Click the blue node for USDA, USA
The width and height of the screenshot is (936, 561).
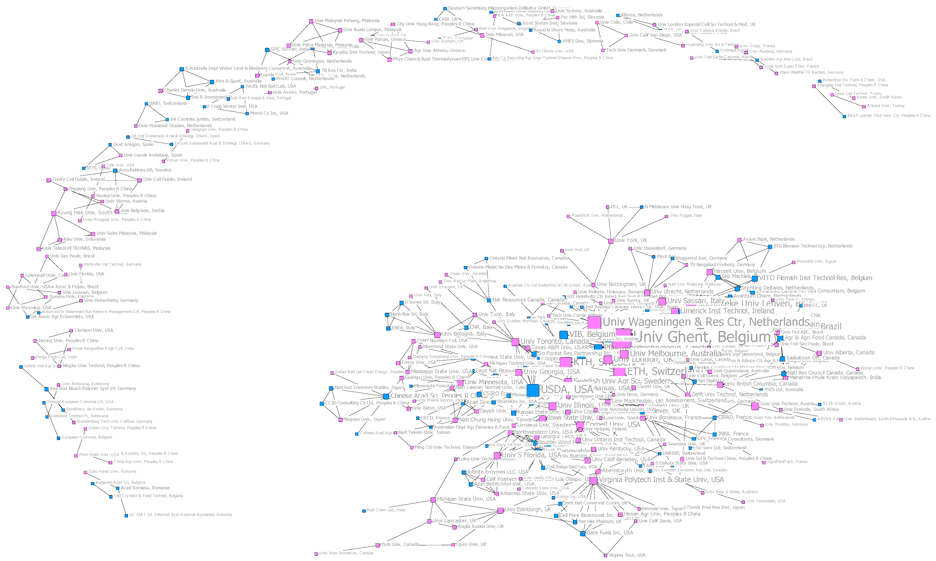coord(532,390)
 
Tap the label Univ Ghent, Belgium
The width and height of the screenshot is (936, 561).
coord(703,337)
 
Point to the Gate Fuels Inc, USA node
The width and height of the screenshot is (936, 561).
coord(583,533)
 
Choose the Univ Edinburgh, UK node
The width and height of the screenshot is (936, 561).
coord(500,511)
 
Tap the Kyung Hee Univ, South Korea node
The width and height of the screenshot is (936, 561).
coord(54,214)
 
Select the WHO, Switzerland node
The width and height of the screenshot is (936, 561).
coord(146,104)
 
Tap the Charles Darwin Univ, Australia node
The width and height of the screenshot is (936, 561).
coord(161,91)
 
